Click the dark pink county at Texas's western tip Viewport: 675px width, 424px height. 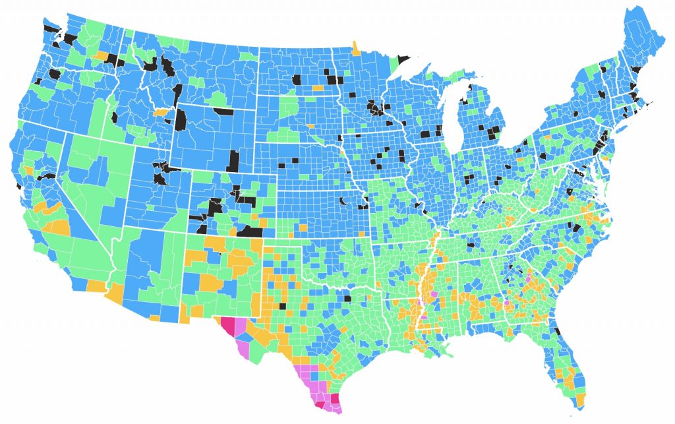click(x=228, y=326)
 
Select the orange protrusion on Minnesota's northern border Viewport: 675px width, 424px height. click(x=356, y=47)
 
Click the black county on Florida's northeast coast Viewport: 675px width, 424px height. click(x=557, y=331)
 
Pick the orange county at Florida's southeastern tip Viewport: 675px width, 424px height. click(x=581, y=400)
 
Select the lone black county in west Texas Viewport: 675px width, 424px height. click(x=282, y=305)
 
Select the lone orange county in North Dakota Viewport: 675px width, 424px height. click(x=318, y=87)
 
